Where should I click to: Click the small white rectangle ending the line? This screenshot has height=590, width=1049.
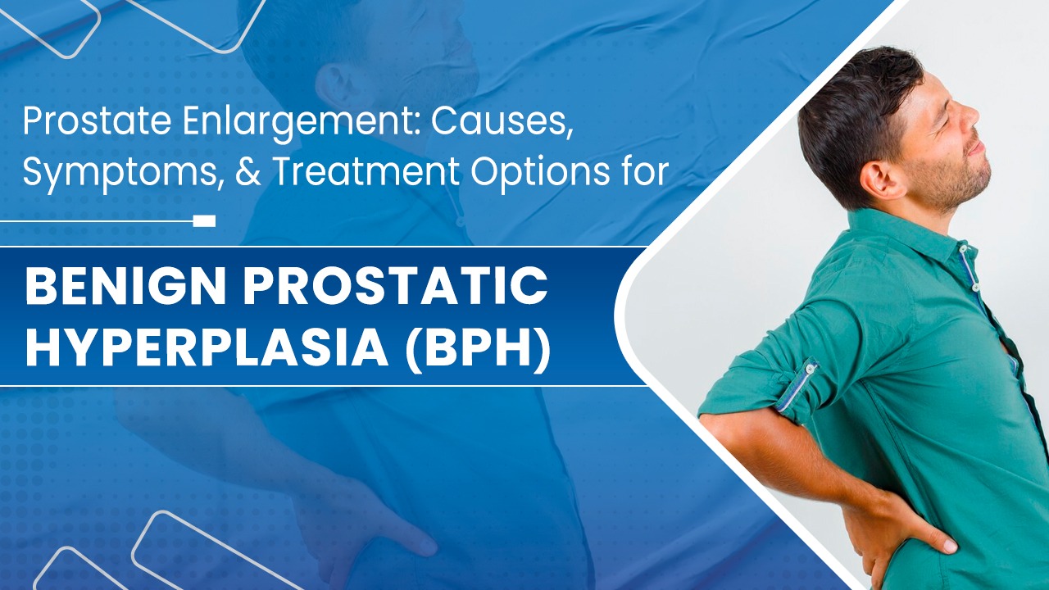205,221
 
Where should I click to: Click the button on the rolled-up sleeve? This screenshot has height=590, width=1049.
809,369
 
